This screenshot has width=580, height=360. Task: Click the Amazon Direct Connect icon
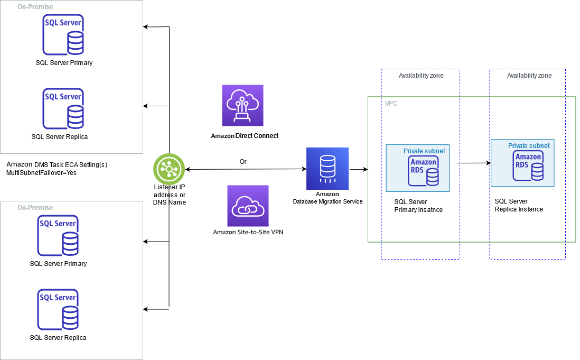click(242, 105)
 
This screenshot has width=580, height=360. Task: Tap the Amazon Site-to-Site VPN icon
click(247, 206)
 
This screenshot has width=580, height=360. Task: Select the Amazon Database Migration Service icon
click(328, 168)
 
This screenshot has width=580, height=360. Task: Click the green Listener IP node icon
click(169, 169)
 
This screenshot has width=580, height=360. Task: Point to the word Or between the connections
click(243, 162)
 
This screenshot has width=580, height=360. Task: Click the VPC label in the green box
click(391, 104)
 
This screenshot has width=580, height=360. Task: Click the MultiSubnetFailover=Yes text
click(41, 173)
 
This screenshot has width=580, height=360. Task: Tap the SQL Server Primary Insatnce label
click(418, 206)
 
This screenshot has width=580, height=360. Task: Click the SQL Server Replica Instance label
click(519, 205)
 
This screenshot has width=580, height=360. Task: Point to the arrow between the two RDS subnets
click(473, 163)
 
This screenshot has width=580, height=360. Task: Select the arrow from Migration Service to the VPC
click(359, 170)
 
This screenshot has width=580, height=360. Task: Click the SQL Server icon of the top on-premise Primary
click(63, 35)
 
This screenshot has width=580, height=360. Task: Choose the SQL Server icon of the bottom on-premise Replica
click(58, 310)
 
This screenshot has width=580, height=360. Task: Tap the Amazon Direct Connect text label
click(245, 136)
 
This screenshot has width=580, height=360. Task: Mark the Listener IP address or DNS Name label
click(169, 195)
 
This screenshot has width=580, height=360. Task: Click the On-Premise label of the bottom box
click(35, 208)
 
